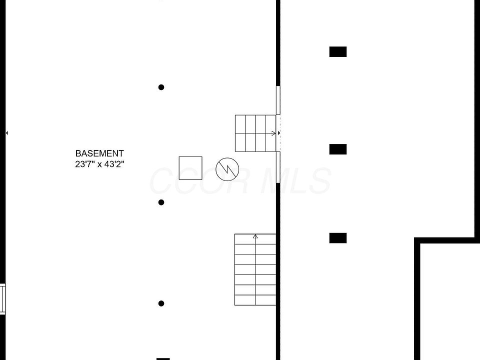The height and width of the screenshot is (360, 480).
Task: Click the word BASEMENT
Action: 99,153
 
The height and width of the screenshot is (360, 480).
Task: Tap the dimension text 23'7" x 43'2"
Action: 99,163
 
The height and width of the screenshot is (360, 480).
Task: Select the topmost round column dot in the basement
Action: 161,87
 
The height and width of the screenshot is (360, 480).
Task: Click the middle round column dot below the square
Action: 161,202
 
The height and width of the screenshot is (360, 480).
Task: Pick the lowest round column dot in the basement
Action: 161,303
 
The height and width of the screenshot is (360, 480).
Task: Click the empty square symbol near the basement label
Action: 190,168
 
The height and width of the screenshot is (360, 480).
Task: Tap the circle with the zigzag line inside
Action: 227,169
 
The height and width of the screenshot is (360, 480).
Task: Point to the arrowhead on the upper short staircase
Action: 273,133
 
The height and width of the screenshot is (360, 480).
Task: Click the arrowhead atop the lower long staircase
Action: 255,236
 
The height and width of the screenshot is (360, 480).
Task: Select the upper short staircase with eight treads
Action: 255,133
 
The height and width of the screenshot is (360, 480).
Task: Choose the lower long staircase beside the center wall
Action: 255,270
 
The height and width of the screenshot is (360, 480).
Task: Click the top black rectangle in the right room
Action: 338,51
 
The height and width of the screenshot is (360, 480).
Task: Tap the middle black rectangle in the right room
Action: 338,149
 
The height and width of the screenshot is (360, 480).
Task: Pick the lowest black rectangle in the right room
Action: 338,238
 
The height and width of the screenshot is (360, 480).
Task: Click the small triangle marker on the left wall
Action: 7,133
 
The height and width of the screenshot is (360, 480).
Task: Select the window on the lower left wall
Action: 2,298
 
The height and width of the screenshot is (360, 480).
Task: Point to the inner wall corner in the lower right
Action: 417,241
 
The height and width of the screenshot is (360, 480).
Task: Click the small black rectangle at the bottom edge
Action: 163,358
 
